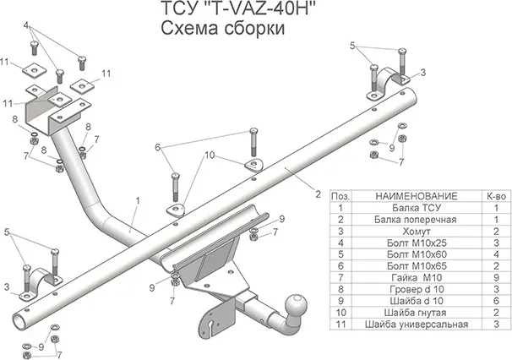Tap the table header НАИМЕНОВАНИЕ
pos(414,195)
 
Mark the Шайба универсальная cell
pos(414,324)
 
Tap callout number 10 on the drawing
pos(210,155)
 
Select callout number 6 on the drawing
pos(157,147)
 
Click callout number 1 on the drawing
pos(135,201)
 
